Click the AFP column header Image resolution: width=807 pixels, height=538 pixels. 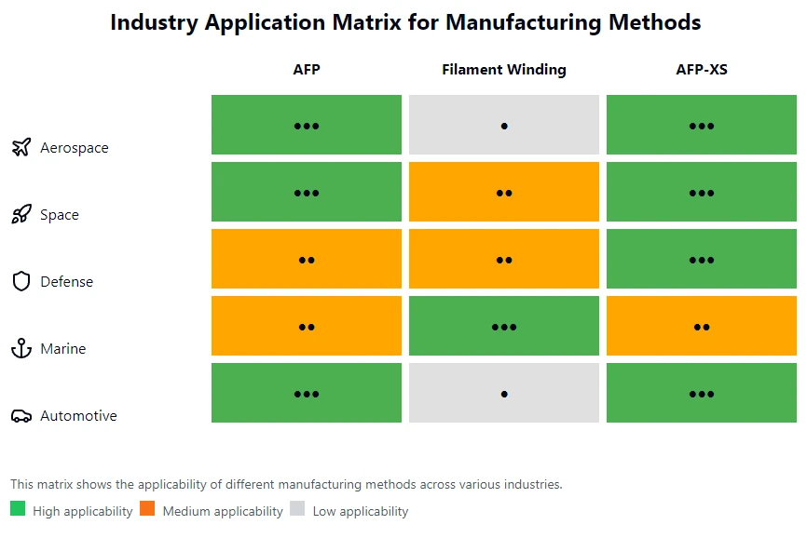[307, 70]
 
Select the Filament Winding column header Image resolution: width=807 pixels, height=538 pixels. [504, 70]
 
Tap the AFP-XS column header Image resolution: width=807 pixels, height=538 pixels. [702, 70]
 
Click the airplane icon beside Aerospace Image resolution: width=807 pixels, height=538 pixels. [21, 147]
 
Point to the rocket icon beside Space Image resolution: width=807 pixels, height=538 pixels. [21, 214]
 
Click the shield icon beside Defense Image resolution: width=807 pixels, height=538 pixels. [21, 281]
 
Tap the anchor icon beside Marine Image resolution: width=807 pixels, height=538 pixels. [21, 348]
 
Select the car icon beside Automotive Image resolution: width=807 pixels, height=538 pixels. [21, 416]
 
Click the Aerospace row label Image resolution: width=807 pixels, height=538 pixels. [75, 148]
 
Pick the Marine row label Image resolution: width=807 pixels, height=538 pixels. [62, 349]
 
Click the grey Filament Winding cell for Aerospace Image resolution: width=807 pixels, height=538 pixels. [504, 125]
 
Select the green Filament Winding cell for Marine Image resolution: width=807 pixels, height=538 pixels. [504, 326]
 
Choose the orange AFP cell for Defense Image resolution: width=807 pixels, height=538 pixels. [307, 259]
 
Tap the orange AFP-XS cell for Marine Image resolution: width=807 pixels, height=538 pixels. [702, 326]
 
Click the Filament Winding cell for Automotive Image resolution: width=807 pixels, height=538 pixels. [504, 393]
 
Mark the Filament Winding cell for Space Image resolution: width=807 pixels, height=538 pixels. [504, 192]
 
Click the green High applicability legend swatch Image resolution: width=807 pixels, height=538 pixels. [18, 508]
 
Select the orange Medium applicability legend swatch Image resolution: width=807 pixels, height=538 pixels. [147, 508]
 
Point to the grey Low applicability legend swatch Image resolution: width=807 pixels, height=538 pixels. [297, 508]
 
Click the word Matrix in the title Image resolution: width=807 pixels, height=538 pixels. [366, 22]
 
